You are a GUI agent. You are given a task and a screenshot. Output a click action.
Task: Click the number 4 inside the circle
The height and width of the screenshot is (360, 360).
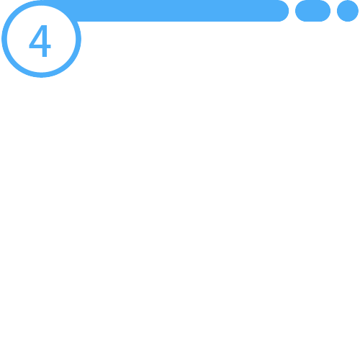40,41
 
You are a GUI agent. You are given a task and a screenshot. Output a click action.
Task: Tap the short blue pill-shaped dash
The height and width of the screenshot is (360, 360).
312,11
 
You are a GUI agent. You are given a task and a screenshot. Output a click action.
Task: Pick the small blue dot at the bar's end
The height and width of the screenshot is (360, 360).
348,11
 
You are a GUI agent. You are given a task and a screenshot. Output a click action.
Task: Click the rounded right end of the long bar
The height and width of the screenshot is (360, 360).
284,11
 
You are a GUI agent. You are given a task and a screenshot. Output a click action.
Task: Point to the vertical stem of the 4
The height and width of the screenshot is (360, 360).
45,41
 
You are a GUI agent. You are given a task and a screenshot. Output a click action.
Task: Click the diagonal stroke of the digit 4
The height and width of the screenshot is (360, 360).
35,35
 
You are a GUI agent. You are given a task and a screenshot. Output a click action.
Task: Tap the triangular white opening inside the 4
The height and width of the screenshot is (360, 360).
39,40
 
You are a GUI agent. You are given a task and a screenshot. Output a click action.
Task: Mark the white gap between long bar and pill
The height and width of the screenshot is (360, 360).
292,11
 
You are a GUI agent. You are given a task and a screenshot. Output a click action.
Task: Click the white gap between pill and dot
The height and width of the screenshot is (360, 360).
333,11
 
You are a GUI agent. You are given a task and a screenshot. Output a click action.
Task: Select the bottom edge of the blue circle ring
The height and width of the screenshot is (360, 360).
41,75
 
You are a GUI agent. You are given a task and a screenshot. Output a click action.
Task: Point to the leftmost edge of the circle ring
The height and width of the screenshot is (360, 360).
4,39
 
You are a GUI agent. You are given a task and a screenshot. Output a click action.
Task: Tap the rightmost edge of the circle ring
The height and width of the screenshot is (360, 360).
78,39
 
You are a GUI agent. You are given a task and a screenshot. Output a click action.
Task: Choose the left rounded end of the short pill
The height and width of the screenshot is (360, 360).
299,11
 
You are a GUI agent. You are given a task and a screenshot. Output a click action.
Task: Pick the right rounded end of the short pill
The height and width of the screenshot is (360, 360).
326,11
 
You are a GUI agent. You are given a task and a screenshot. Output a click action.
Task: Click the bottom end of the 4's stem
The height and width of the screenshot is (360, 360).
45,56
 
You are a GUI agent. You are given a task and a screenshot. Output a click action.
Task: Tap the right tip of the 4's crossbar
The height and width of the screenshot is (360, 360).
50,47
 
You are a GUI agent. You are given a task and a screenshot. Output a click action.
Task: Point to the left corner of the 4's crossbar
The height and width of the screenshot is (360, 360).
30,47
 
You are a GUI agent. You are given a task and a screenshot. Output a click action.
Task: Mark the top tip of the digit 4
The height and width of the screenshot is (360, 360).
44,25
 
